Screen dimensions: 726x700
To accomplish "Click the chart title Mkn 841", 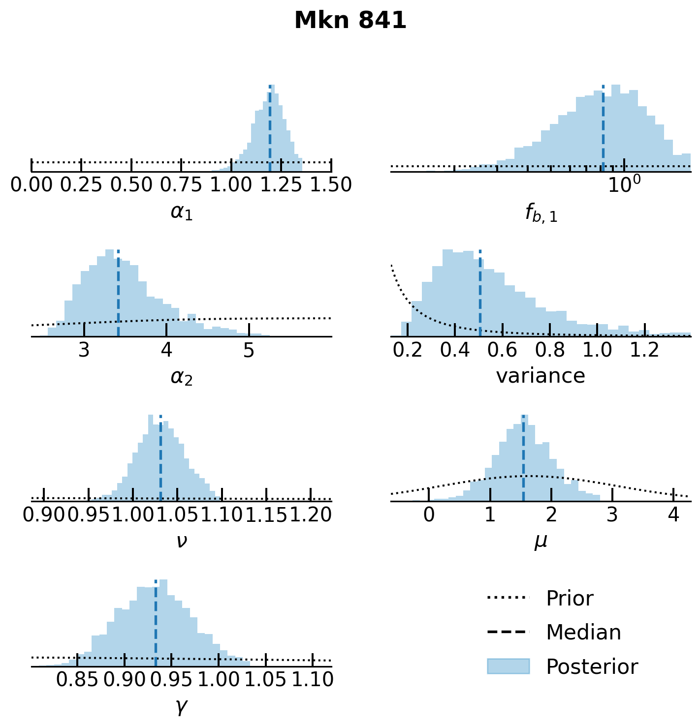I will coord(350,21).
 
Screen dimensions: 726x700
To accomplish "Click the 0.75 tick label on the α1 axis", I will coord(182,185).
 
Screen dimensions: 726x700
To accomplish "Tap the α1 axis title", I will coord(182,212).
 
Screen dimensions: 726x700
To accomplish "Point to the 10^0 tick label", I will coord(624,184).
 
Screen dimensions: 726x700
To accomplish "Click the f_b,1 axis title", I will coord(541,213).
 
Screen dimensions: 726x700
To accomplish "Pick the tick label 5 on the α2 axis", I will coord(249,350).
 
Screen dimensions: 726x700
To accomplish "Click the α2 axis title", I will coord(182,377).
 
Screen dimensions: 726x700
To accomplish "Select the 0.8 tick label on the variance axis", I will coord(550,350).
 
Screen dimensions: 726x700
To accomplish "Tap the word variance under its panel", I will coord(541,376).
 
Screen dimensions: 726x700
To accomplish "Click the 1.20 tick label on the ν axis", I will coord(310,515).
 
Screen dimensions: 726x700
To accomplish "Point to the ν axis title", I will coord(182,541).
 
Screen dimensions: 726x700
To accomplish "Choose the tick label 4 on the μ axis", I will coord(673,515).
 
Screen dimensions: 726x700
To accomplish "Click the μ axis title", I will coord(541,542).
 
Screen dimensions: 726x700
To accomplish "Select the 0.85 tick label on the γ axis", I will coord(78,680).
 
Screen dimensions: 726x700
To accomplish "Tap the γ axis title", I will coord(182,707).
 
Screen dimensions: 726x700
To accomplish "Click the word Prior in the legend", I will coord(570,599).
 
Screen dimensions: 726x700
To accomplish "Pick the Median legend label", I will coord(583,633).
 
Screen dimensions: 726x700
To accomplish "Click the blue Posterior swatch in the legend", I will coord(508,666).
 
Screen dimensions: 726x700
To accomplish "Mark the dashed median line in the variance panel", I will coord(480,295).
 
